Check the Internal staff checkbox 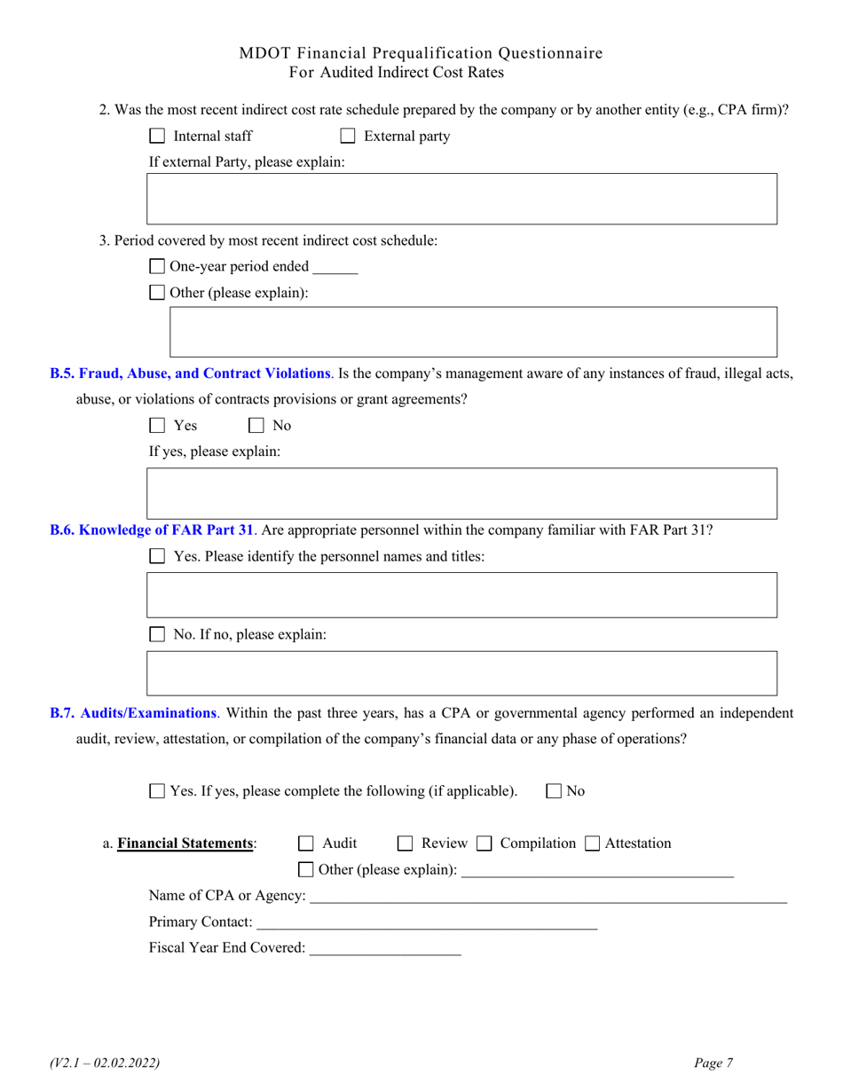click(157, 137)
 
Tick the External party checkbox click(349, 137)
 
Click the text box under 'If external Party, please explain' click(462, 199)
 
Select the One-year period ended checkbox click(157, 267)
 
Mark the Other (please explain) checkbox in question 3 click(157, 293)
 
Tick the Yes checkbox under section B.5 click(157, 426)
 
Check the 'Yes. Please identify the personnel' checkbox click(157, 557)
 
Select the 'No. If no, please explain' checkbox click(157, 635)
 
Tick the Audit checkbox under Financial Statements click(306, 844)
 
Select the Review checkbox click(405, 844)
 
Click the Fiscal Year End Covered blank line click(385, 948)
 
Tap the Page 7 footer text click(714, 1062)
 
